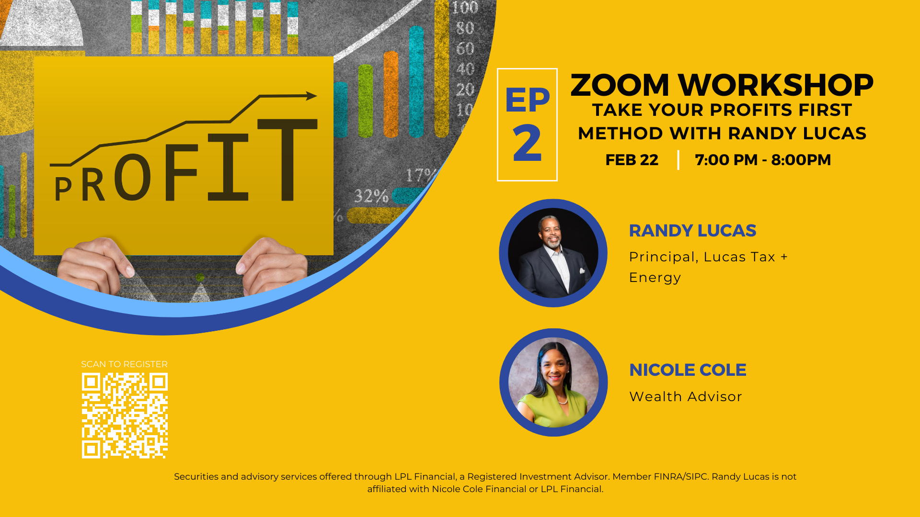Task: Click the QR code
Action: (125, 416)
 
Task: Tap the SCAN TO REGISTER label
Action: (125, 364)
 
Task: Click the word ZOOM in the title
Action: (620, 85)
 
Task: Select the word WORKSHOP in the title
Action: (776, 85)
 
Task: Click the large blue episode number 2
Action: (527, 143)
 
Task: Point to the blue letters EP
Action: (527, 100)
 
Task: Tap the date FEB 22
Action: (632, 160)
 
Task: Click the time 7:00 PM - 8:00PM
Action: (763, 160)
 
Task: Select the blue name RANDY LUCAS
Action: (692, 231)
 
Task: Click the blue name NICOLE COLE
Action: (688, 370)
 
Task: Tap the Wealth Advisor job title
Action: (686, 396)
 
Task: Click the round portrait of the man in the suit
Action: (553, 253)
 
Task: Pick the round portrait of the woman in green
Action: (553, 382)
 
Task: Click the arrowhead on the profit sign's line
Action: (311, 96)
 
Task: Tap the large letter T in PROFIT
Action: (287, 159)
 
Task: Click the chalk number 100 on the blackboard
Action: (465, 8)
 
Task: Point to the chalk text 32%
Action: (371, 196)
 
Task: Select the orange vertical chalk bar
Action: (391, 94)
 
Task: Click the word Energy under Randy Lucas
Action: (655, 278)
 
